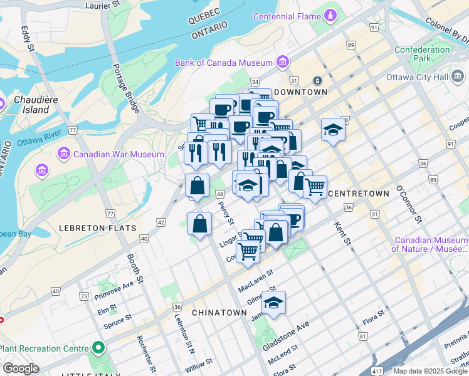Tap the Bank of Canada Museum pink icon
coord(283,63)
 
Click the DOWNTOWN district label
coord(300,92)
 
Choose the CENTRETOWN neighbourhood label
coord(359,194)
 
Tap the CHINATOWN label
coord(219,312)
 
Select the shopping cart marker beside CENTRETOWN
coord(315,185)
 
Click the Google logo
coord(21,368)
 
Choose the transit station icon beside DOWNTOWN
coord(318,80)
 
